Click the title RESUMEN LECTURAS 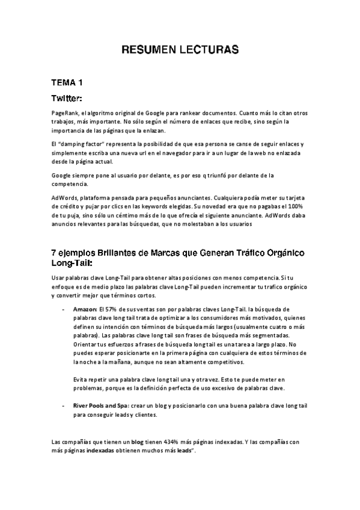[180, 49]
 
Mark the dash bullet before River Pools [64, 406]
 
